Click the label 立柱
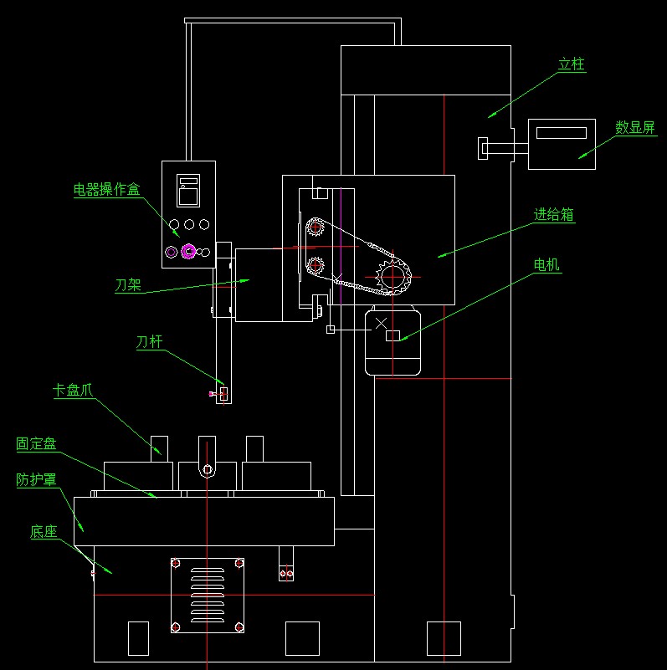tap(572, 64)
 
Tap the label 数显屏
tap(635, 127)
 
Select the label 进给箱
tap(554, 214)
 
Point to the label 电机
tap(546, 265)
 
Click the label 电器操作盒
tap(107, 189)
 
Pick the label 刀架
tap(128, 285)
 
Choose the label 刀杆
tap(149, 342)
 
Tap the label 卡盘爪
tap(73, 390)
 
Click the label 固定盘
tap(36, 443)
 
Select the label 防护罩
tap(36, 479)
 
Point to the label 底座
tap(44, 531)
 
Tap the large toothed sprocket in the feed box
tap(393, 277)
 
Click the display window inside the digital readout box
tap(562, 133)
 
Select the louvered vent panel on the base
tap(208, 595)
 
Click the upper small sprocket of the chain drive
tap(316, 227)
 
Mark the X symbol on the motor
tap(381, 323)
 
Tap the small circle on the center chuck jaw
tap(208, 469)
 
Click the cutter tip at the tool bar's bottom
tap(211, 394)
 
